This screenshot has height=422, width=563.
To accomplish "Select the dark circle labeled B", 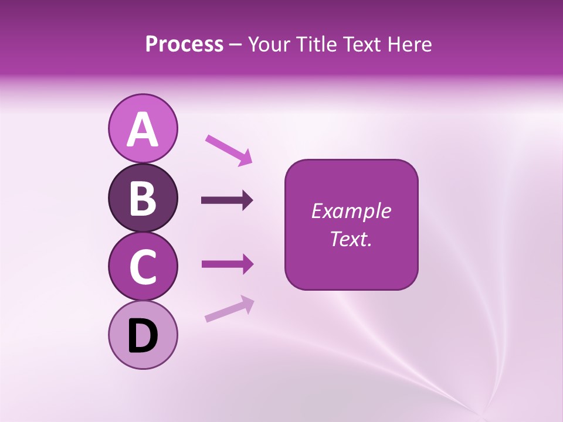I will (143, 198).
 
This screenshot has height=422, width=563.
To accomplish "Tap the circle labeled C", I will (143, 267).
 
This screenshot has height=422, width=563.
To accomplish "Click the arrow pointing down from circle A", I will (229, 149).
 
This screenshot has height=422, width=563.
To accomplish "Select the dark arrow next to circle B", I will (227, 200).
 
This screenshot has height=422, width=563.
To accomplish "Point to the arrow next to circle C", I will (227, 264).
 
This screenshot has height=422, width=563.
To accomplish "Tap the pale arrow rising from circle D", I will (229, 309).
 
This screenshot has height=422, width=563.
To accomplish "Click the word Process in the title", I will (184, 45).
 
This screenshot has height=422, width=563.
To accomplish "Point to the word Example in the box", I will (351, 211).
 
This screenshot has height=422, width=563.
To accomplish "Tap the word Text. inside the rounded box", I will (351, 239).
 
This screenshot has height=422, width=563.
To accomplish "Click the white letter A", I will (143, 130).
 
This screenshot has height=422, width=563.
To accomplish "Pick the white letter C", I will (143, 267).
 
